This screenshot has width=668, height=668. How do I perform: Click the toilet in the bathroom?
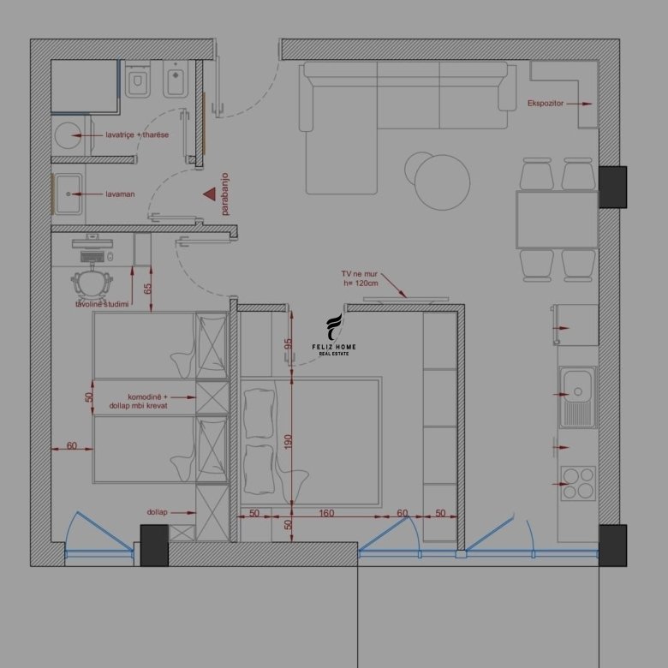point(138,79)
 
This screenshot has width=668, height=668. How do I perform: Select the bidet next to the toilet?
point(176,79)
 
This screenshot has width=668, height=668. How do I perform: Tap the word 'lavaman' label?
point(120,194)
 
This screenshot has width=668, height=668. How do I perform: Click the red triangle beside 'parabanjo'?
point(210,194)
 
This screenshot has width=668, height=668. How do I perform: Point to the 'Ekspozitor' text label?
point(546,104)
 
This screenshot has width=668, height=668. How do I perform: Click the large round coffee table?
point(442,182)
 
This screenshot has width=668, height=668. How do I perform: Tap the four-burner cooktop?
point(578,483)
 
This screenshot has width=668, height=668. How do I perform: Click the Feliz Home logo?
point(334,335)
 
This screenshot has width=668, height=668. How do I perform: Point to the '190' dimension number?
point(288,441)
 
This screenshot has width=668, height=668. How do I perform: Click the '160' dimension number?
point(326,513)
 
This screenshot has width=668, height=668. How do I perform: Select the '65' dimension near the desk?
point(148,289)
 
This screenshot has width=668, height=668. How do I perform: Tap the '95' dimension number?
point(288,343)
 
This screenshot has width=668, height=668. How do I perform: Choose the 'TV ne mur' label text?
point(359,274)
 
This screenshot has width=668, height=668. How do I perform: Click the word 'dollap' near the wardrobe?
point(158,512)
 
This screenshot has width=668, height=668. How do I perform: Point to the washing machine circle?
point(68,135)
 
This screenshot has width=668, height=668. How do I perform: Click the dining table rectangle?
point(558,219)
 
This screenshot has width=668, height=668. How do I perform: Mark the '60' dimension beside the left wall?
point(72,445)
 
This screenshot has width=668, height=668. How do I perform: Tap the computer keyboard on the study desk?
point(92,256)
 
